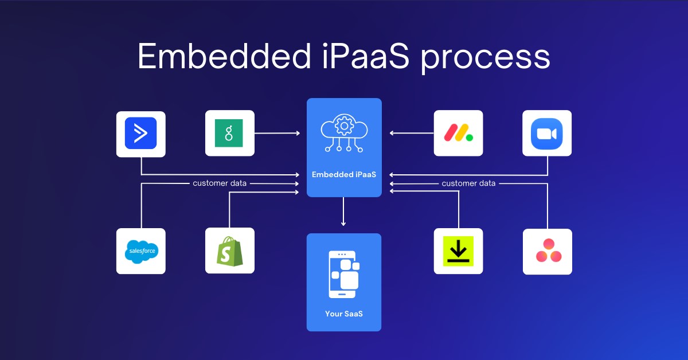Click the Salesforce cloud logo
(x=141, y=251)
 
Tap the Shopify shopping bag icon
(x=230, y=251)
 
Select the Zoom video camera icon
(x=547, y=134)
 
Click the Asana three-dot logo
(x=549, y=251)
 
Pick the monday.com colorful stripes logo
(x=458, y=133)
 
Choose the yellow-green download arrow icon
(x=458, y=251)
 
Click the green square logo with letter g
(x=229, y=133)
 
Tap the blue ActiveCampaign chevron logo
(x=140, y=133)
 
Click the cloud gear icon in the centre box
(x=344, y=132)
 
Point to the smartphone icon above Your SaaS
(x=343, y=275)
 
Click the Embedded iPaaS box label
(x=344, y=174)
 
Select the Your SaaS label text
(x=344, y=314)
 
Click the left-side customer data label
(x=220, y=183)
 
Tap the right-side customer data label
(x=469, y=183)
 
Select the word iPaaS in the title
(x=366, y=55)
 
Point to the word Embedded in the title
(x=224, y=55)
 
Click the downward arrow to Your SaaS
(x=343, y=212)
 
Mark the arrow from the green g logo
(x=277, y=133)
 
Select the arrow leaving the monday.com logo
(x=412, y=133)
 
